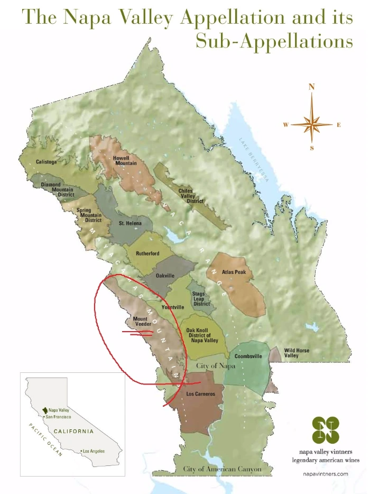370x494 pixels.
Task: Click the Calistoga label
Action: [x=46, y=161]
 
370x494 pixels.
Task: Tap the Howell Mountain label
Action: [x=125, y=160]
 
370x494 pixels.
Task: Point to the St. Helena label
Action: [x=130, y=224]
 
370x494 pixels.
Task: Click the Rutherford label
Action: [x=147, y=253]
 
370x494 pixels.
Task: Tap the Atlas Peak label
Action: [x=240, y=273]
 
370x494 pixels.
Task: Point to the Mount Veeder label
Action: [x=140, y=322]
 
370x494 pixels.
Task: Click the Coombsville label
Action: [x=248, y=356]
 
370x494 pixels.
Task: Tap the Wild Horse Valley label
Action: [x=297, y=353]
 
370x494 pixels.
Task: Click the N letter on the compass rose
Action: [x=312, y=87]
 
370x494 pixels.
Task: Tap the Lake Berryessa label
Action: [x=254, y=159]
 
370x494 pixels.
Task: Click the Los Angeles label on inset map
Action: [x=94, y=451]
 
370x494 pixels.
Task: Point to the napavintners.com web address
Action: [x=326, y=474]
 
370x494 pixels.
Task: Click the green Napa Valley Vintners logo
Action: [x=326, y=430]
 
